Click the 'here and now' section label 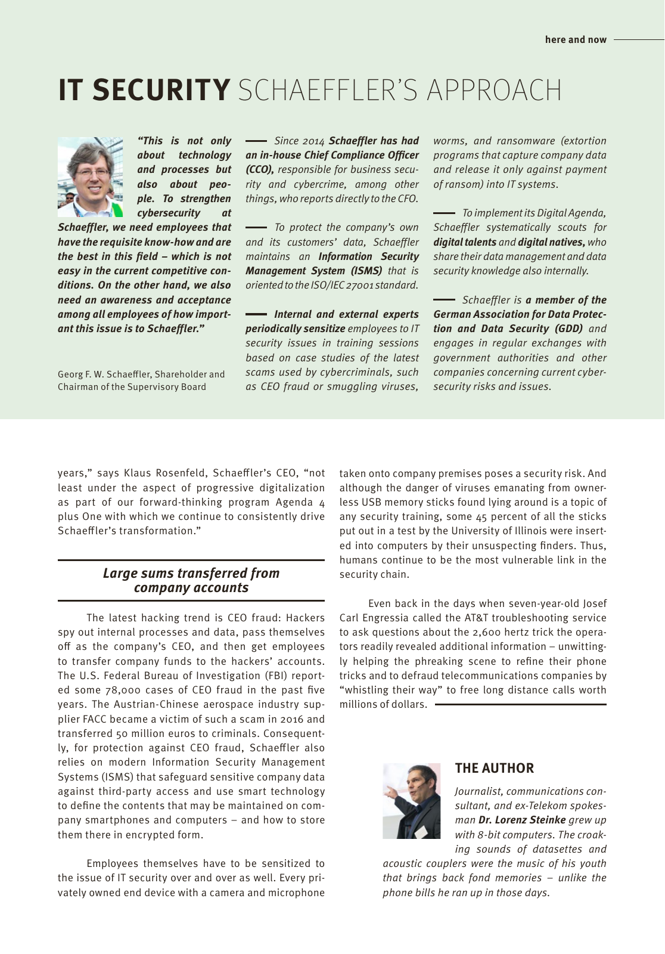(575, 40)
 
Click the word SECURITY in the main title (161, 90)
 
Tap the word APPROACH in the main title (494, 90)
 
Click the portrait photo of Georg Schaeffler (90, 177)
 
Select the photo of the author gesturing (411, 801)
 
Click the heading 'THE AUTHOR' (494, 768)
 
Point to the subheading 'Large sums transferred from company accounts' (191, 580)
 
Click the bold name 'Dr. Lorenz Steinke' (521, 820)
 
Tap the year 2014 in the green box (312, 141)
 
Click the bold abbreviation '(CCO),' (260, 170)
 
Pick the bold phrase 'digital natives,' (551, 242)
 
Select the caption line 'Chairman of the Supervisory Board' (132, 387)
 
